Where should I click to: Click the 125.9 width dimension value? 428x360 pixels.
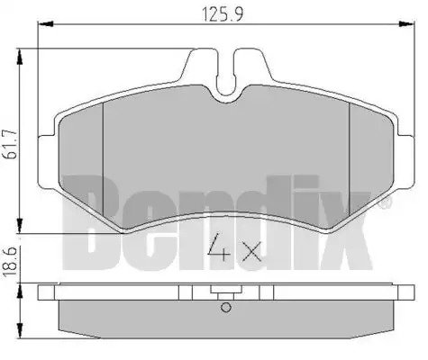point(223,13)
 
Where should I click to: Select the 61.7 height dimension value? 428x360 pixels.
point(10,144)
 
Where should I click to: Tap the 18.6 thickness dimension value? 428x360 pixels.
point(9,261)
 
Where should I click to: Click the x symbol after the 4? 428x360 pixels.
point(251,251)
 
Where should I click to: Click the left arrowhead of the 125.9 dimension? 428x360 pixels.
point(46,24)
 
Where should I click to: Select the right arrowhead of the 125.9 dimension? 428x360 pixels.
point(406,24)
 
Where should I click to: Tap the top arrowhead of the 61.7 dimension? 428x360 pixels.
point(20,57)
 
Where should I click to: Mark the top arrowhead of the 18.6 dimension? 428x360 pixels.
point(20,292)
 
